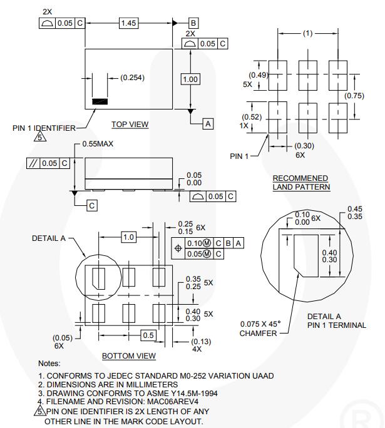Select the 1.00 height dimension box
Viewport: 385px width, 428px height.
pyautogui.click(x=190, y=79)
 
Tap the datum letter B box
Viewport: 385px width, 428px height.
pyautogui.click(x=193, y=23)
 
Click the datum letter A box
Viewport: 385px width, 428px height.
pyautogui.click(x=207, y=124)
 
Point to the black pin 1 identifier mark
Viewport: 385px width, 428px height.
pyautogui.click(x=100, y=101)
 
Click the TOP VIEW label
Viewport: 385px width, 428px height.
pyautogui.click(x=130, y=124)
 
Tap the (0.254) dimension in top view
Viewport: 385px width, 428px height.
pyautogui.click(x=131, y=78)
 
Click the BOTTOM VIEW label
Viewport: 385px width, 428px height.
pyautogui.click(x=128, y=355)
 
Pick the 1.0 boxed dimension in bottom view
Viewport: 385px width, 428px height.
pyautogui.click(x=128, y=237)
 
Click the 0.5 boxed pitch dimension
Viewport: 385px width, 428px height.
pyautogui.click(x=148, y=335)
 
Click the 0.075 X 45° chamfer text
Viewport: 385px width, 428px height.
pyautogui.click(x=260, y=324)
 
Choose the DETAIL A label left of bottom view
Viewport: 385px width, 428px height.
pyautogui.click(x=49, y=238)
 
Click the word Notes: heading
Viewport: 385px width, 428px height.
pyautogui.click(x=49, y=363)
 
